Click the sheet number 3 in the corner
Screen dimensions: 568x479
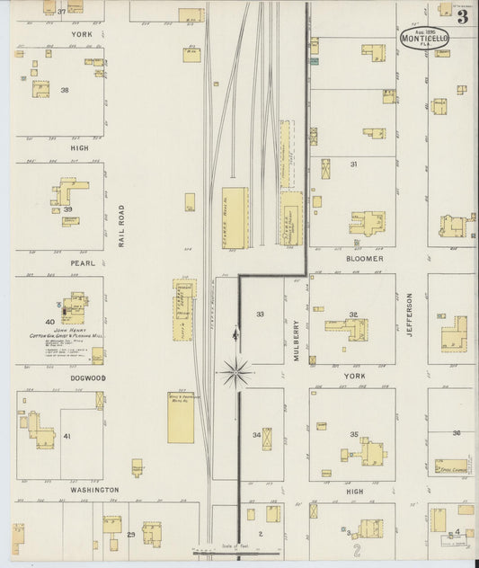[x=461, y=15]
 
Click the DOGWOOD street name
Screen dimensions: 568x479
[x=88, y=378]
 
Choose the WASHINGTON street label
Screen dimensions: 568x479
[x=94, y=490]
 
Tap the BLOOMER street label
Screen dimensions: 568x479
[x=365, y=259]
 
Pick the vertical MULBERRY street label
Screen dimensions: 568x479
[x=297, y=341]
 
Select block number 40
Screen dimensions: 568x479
[x=49, y=321]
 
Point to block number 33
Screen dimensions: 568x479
[x=260, y=315]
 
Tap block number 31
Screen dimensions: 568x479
[x=354, y=164]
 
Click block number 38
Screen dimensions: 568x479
[x=64, y=90]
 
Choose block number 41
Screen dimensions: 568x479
[x=67, y=436]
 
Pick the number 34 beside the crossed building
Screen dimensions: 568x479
[x=256, y=435]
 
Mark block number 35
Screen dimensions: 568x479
[x=354, y=435]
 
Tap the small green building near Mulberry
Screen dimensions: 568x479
[x=314, y=62]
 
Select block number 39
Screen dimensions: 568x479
[x=67, y=209]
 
